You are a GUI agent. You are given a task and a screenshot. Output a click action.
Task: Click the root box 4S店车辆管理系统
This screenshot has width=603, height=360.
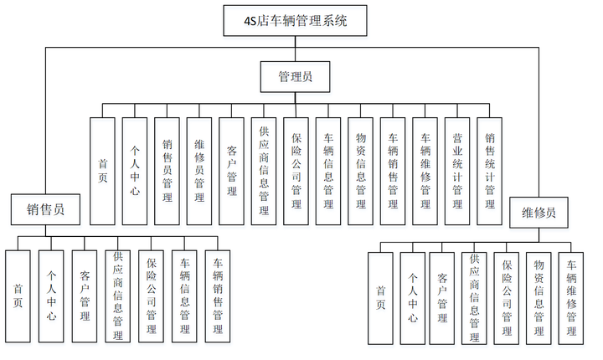coord(296,19)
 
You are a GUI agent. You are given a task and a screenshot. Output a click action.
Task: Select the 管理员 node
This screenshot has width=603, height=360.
coord(296,77)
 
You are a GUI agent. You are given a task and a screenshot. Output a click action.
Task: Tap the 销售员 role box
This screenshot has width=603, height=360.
coord(47,209)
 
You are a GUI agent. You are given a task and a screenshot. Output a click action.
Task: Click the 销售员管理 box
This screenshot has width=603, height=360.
coord(167,171)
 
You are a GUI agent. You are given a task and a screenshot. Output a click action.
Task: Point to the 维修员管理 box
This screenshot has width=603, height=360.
coord(199,171)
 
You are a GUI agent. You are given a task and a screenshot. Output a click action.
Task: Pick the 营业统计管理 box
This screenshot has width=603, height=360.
coord(457,171)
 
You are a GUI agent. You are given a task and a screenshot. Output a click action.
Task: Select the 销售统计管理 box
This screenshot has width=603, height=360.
coord(490,171)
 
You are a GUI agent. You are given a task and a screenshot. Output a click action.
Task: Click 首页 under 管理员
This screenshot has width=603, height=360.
coord(102,171)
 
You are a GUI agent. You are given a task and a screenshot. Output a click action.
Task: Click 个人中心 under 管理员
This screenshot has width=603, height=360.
coord(135,171)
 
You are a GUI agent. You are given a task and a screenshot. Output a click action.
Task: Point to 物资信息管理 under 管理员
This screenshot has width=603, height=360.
coord(360,171)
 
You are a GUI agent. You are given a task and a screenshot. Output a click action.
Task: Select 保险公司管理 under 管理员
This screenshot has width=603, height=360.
coord(296,171)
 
